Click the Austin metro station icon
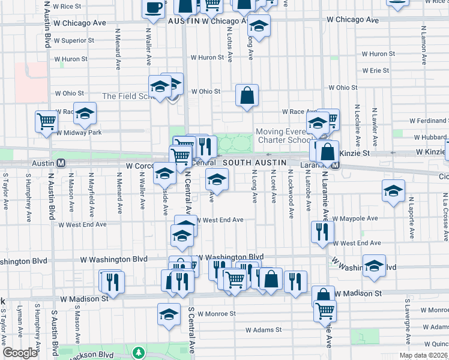point(60,163)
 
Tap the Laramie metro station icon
point(336,166)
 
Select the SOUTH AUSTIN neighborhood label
point(251,163)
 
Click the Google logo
point(20,353)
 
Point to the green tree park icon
point(139,351)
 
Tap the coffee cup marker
point(153,8)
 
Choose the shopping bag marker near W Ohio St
point(247,95)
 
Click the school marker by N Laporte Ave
point(393,191)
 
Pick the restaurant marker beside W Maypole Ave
point(322,231)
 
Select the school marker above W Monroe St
point(169,313)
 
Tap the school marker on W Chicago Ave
point(259,26)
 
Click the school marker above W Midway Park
point(85,113)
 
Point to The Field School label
point(125,96)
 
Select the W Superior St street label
point(74,41)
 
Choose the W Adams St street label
point(264,330)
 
